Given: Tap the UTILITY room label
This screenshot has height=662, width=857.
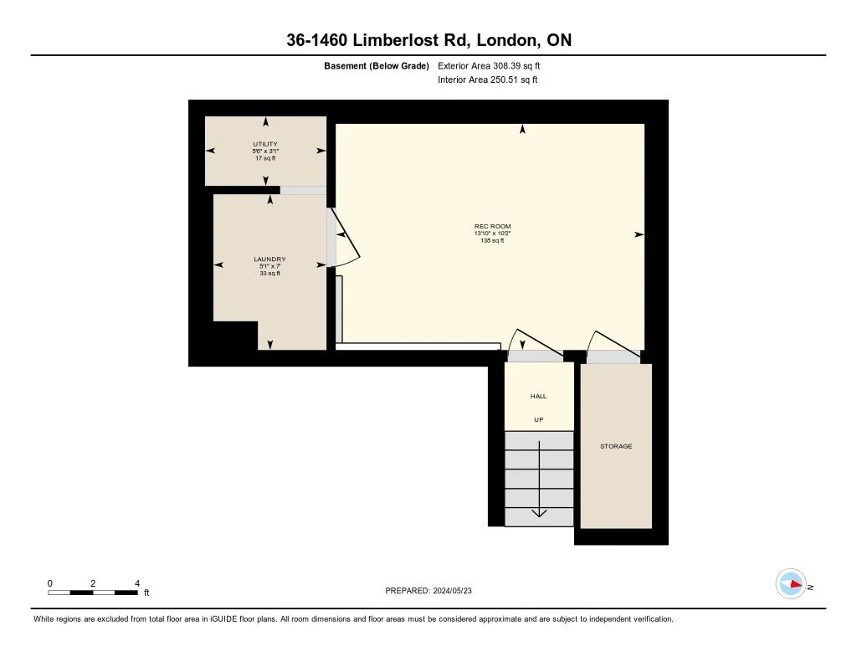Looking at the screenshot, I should coord(265,144).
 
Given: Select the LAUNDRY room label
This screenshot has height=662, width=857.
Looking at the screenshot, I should coord(269,259).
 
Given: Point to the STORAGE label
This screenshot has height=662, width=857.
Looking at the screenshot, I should coord(616,447).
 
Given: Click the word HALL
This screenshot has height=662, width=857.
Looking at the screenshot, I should coord(538,396).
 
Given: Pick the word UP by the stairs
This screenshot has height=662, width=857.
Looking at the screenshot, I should coord(538,419).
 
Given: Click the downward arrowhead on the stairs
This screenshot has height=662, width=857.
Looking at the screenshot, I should coord(539,512).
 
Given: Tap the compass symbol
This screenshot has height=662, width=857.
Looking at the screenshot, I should coord(791,583).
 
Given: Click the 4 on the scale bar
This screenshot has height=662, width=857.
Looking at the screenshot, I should coord(136,582).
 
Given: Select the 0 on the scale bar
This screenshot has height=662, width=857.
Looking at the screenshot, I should coord(50,582).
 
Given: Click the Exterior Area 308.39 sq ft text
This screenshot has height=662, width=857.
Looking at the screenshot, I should coord(495,65).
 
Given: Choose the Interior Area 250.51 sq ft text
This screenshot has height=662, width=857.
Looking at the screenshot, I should coord(487,80).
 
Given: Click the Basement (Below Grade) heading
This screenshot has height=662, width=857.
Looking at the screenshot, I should coord(376,65).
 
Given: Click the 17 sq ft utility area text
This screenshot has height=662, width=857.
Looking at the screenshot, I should coord(265,157).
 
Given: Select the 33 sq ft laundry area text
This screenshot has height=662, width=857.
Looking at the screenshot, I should coord(269,273).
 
